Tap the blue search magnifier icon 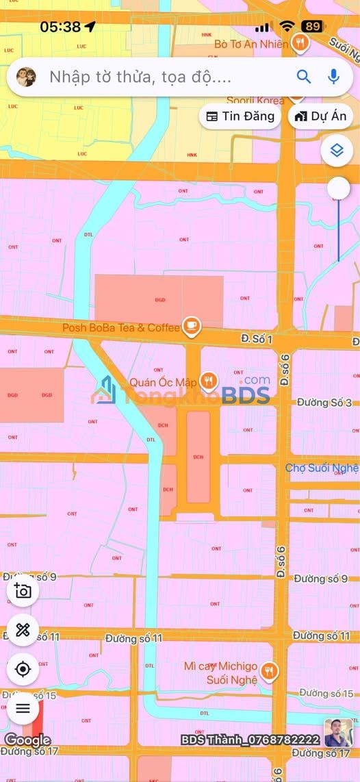[x=304, y=77]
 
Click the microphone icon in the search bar [x=334, y=77]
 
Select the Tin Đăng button [x=240, y=116]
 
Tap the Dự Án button [x=320, y=116]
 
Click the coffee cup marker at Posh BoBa [x=192, y=327]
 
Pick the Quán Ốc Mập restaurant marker [x=209, y=381]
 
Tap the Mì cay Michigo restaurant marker [x=270, y=670]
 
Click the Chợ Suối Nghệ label [x=322, y=468]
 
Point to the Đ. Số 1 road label [x=257, y=339]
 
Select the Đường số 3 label [x=324, y=402]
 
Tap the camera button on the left [x=23, y=590]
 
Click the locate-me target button [x=23, y=669]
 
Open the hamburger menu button [x=23, y=708]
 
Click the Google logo [x=27, y=740]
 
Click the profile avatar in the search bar [x=26, y=77]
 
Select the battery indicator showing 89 [x=313, y=27]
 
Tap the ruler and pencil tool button [x=23, y=630]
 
